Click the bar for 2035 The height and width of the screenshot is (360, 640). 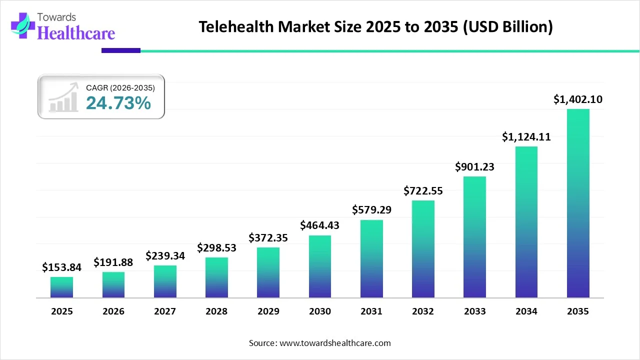click(x=578, y=203)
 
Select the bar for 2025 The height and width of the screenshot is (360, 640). click(x=61, y=287)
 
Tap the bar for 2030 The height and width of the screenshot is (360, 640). click(x=319, y=266)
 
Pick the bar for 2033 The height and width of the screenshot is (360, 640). click(x=474, y=237)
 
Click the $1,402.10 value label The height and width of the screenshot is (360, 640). click(x=578, y=99)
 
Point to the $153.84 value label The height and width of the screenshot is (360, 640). click(x=61, y=267)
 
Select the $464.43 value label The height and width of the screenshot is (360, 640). click(x=319, y=225)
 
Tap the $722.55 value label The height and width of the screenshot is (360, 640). click(x=423, y=190)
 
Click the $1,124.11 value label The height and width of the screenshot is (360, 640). click(x=526, y=136)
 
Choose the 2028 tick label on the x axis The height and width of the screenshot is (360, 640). click(x=216, y=311)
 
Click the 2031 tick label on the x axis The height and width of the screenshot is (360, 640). click(x=371, y=311)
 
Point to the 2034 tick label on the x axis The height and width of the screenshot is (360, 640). click(x=526, y=311)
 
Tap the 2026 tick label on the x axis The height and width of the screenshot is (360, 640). click(x=113, y=311)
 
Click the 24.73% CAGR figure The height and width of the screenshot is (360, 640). click(x=118, y=103)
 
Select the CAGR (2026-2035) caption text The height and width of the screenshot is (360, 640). click(x=120, y=87)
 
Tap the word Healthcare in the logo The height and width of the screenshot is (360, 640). click(x=76, y=33)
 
